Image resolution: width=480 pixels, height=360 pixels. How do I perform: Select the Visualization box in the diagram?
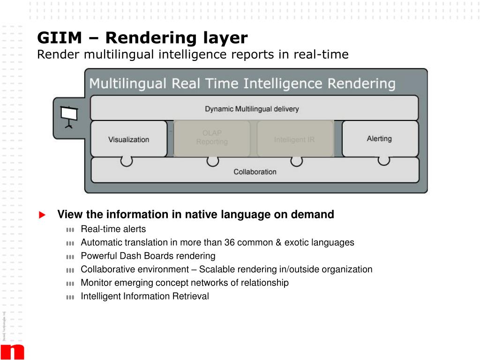(128, 139)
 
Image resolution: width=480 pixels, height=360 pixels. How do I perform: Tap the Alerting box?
(379, 139)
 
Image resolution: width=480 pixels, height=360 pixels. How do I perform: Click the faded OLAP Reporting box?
(212, 138)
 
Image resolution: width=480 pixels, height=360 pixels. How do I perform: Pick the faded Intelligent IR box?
(294, 140)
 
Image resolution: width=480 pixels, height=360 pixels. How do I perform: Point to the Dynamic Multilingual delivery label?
(252, 109)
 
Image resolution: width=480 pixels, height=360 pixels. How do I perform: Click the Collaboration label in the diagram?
(255, 172)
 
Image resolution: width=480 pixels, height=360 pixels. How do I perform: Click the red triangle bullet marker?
(42, 215)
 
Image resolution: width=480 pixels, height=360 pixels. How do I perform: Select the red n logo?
(12, 352)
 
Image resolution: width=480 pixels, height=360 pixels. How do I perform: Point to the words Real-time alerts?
(113, 229)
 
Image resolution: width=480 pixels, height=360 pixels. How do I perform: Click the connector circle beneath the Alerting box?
(384, 161)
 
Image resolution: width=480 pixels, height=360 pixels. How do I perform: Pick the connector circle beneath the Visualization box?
(127, 161)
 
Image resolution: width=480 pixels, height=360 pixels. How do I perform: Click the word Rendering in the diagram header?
(361, 84)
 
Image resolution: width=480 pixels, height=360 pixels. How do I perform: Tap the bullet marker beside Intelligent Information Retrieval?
(70, 297)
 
